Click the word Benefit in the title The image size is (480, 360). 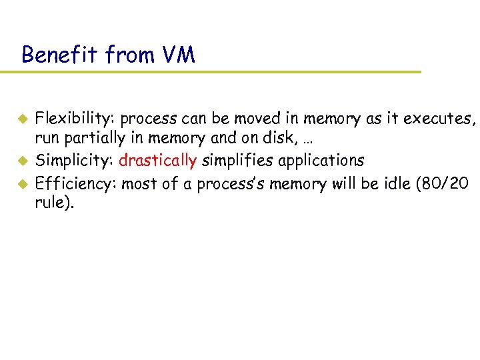pos(58,54)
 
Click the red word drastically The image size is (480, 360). pos(158,161)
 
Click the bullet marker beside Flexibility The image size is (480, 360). pos(21,120)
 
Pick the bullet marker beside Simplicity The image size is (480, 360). pos(21,161)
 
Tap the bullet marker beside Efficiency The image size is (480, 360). pos(21,183)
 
